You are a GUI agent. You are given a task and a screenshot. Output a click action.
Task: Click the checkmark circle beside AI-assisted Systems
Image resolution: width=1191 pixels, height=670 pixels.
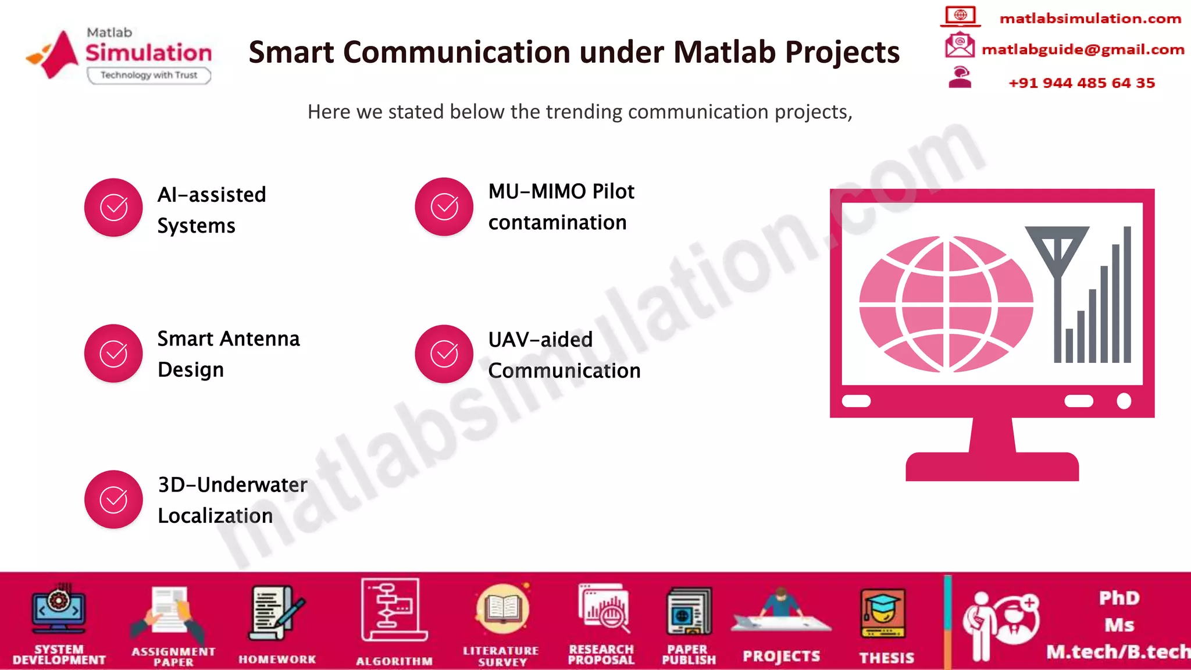tap(113, 208)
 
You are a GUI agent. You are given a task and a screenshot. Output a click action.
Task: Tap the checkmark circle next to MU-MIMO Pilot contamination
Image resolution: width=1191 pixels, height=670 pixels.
tap(444, 207)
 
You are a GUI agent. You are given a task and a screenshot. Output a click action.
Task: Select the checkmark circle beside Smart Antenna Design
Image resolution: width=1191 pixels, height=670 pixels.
tap(113, 354)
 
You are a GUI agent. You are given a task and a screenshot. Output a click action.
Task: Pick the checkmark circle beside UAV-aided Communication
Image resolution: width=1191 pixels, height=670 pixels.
tap(444, 354)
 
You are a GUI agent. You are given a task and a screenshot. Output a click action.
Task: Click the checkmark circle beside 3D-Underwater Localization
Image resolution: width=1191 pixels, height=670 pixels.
tap(113, 500)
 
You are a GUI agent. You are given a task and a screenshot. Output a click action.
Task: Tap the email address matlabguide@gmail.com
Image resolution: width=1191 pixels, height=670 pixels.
tap(1082, 49)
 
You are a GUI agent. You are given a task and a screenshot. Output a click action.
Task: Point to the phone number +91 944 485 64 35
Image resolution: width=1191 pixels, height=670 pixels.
tap(1081, 83)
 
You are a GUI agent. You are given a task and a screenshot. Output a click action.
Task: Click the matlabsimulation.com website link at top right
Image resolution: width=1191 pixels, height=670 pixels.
tap(1090, 19)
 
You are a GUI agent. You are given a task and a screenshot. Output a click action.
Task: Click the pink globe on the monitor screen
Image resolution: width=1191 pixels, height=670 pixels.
tap(946, 304)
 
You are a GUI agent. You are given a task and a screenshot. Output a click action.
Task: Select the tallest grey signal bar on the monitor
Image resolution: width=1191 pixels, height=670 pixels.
tap(1127, 294)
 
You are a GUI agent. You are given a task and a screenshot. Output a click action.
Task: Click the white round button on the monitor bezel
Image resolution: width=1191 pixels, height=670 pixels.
tap(1124, 401)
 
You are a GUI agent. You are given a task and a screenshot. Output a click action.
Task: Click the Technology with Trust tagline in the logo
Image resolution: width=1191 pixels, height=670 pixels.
tap(149, 75)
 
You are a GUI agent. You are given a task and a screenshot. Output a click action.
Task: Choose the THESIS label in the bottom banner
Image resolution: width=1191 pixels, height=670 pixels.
tap(886, 658)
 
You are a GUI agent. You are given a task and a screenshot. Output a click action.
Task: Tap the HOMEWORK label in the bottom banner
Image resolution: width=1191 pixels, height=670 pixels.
tap(277, 659)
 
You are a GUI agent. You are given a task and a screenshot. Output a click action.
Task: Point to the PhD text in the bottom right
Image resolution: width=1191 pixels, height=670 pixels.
tap(1119, 598)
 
